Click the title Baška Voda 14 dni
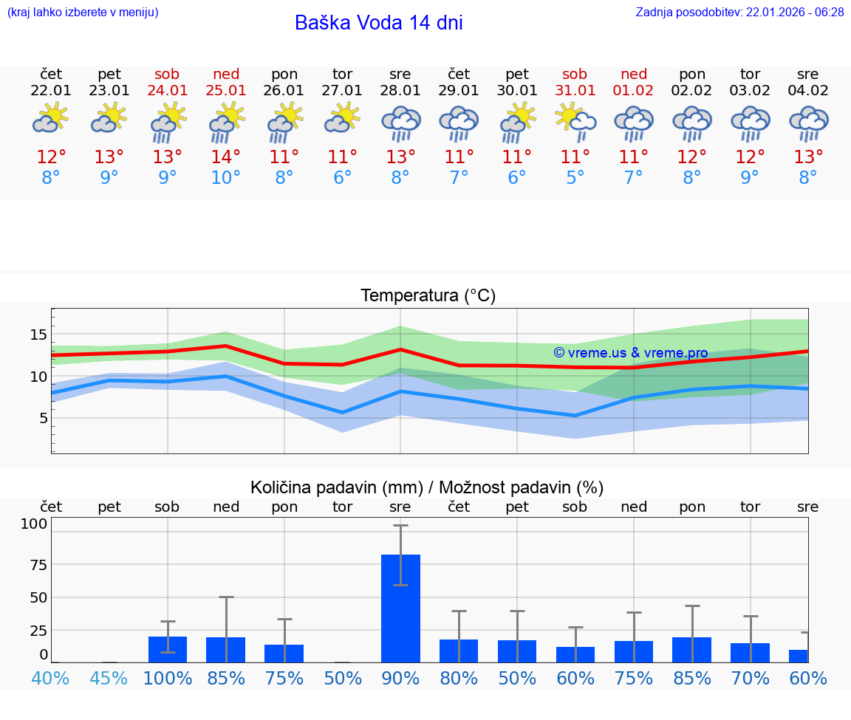[x=378, y=23]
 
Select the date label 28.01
[x=400, y=91]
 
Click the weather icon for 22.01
[x=50, y=119]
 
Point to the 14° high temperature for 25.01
[x=225, y=157]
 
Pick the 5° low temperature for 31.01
[x=575, y=178]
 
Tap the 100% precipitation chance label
[x=168, y=678]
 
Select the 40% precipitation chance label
[x=50, y=678]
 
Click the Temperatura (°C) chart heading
[x=428, y=296]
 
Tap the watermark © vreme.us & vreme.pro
[x=631, y=353]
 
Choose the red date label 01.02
[x=633, y=91]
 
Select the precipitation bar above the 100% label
[x=168, y=649]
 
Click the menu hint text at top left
[x=83, y=13]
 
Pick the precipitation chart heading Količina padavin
[x=427, y=487]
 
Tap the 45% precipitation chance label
[x=109, y=678]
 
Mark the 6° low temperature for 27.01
[x=342, y=178]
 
